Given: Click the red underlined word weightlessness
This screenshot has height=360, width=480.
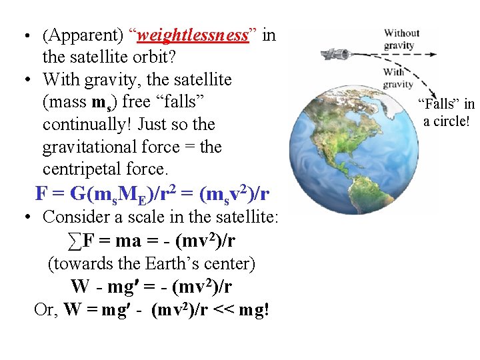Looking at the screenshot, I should (193, 35).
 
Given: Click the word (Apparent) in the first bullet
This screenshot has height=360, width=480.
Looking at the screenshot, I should (79, 35).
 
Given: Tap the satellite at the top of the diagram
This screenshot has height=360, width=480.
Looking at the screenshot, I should (335, 53).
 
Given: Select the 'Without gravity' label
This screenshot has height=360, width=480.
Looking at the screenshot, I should (401, 39).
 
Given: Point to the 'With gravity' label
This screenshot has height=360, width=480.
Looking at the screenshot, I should (398, 78).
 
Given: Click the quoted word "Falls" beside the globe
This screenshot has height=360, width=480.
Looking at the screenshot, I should (439, 104).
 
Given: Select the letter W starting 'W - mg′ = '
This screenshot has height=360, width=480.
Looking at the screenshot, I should (79, 287).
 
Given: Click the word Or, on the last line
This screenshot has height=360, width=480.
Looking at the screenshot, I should (46, 310).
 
